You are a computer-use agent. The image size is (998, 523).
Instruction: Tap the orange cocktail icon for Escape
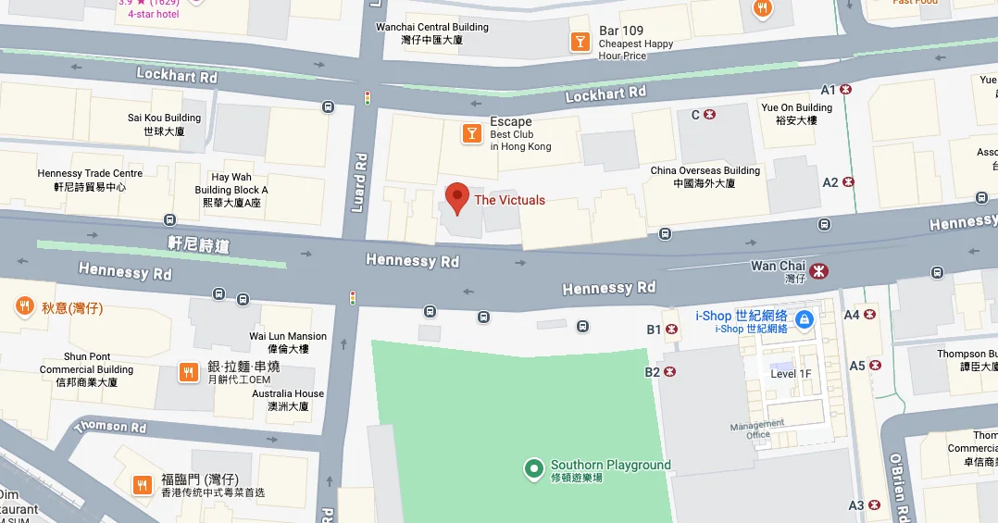(472, 134)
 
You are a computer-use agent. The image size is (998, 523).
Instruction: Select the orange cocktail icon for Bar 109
(580, 42)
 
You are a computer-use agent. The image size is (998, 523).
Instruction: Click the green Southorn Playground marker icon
(533, 469)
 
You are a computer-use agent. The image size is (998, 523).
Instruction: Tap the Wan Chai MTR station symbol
(818, 271)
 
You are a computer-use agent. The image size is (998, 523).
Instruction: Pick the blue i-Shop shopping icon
(804, 320)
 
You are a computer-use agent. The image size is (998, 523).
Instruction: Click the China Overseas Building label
(705, 177)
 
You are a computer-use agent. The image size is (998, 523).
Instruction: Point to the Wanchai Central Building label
(431, 33)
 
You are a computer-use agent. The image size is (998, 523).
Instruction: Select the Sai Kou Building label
(164, 124)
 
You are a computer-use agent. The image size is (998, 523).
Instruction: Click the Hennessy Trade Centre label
(90, 180)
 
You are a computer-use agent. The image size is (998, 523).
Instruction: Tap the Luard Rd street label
(359, 181)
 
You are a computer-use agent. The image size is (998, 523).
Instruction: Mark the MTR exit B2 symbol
(670, 372)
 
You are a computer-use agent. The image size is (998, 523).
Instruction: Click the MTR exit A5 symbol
(870, 366)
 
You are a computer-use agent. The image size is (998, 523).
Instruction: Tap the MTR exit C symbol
(709, 115)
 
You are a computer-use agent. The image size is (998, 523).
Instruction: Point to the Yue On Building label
(796, 114)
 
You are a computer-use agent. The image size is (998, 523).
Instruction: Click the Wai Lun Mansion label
(288, 342)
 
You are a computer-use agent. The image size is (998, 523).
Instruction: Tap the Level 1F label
(791, 374)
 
